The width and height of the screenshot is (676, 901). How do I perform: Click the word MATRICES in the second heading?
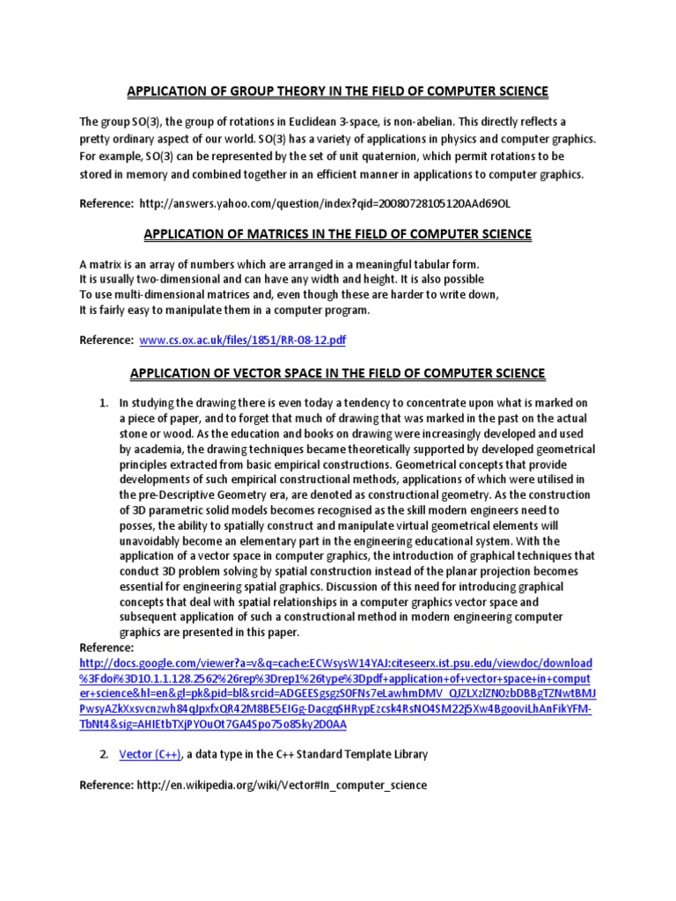pyautogui.click(x=261, y=234)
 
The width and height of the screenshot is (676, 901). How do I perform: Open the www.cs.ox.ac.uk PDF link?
pyautogui.click(x=237, y=340)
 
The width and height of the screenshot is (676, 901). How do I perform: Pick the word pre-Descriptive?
pyautogui.click(x=181, y=494)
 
